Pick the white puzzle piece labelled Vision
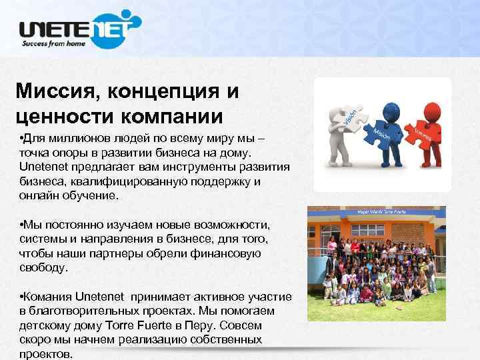point(352,116)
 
